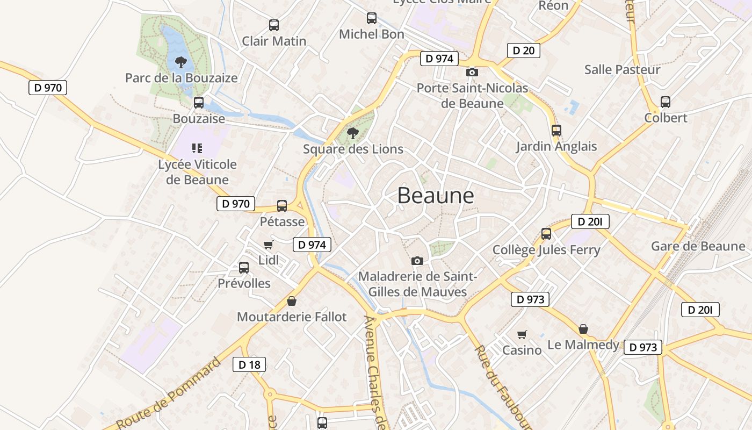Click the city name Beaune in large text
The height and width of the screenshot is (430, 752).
(x=436, y=196)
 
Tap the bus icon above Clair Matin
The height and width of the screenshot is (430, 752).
(x=274, y=25)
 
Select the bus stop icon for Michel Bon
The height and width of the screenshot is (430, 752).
(x=372, y=18)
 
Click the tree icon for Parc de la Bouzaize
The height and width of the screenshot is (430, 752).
(x=181, y=62)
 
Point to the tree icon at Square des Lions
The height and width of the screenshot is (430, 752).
(x=353, y=133)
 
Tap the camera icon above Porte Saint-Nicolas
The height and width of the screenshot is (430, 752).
(x=472, y=72)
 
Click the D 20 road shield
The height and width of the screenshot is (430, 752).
(x=523, y=51)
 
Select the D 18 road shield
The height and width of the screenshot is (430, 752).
(x=249, y=364)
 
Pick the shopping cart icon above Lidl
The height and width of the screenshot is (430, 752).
(x=268, y=245)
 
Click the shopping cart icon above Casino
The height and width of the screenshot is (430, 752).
(x=522, y=335)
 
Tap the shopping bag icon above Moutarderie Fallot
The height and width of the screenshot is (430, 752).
(x=292, y=301)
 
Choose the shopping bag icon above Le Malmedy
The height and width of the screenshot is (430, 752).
(x=583, y=329)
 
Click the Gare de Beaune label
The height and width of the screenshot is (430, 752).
(x=698, y=246)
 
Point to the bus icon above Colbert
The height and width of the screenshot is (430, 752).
(x=666, y=102)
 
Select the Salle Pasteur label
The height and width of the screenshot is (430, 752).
(x=622, y=69)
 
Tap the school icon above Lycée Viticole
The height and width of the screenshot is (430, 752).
(x=197, y=148)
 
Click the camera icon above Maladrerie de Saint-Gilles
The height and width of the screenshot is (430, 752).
(x=417, y=261)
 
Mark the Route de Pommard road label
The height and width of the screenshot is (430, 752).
(x=169, y=393)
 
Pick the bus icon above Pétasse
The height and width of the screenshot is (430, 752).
(x=282, y=206)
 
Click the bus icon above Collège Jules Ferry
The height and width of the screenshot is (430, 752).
(x=546, y=234)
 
